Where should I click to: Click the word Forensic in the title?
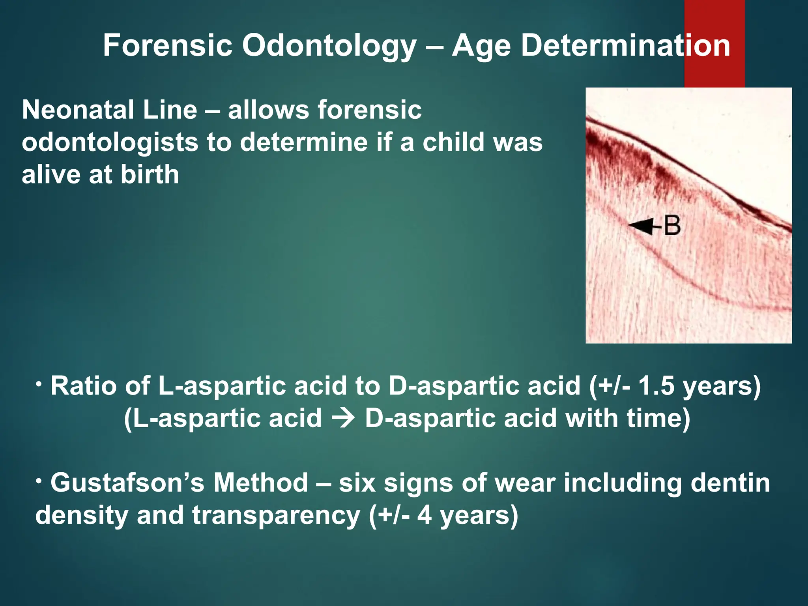pos(167,46)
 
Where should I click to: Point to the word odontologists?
pos(110,143)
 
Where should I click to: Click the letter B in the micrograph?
pos(672,226)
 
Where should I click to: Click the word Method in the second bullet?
pos(261,483)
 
